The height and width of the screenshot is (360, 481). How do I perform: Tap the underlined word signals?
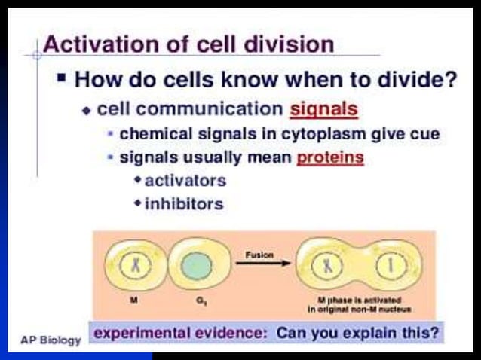pos(323,108)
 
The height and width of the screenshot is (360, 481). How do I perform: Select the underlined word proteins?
pos(330,158)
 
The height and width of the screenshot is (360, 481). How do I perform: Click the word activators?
pos(185,181)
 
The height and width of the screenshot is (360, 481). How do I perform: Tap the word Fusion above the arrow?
pos(259,255)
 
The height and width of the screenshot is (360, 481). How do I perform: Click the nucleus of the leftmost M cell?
pos(133,266)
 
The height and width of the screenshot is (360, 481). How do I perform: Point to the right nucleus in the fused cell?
pos(391,265)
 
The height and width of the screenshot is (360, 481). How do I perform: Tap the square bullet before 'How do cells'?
pos(63,77)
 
